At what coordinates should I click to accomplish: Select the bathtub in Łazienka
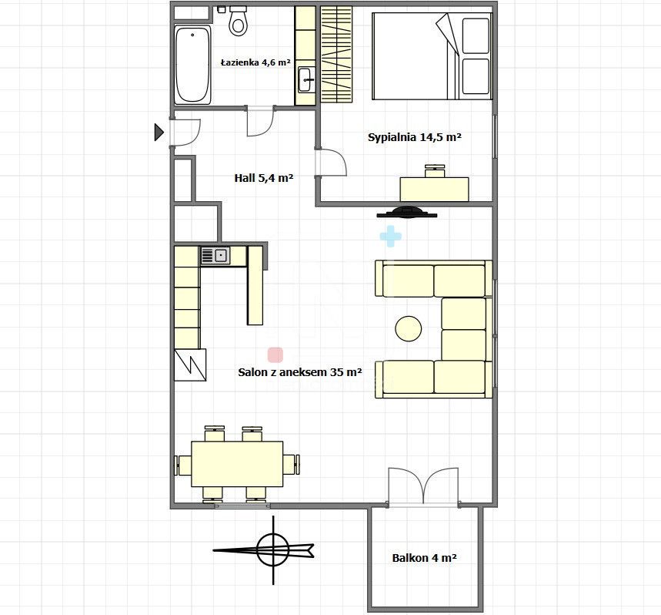(x=192, y=65)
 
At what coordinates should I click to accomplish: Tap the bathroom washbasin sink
(x=306, y=79)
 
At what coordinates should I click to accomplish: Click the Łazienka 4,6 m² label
(x=255, y=63)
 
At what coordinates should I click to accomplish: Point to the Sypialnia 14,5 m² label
(x=415, y=137)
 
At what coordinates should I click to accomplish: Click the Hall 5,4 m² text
(x=264, y=178)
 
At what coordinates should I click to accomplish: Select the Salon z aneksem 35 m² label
(x=300, y=372)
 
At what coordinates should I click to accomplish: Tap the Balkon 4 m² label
(x=425, y=558)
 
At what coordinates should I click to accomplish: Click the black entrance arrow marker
(x=159, y=132)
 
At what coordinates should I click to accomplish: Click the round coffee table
(x=409, y=329)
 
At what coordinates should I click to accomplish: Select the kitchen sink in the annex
(x=215, y=256)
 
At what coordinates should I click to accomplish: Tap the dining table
(x=237, y=464)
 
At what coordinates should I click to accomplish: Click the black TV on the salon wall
(x=407, y=212)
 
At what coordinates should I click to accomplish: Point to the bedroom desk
(x=434, y=189)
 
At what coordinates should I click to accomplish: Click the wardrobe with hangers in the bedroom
(x=336, y=54)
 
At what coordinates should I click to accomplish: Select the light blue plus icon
(x=390, y=237)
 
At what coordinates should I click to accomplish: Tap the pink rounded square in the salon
(x=275, y=355)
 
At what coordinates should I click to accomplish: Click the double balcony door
(x=423, y=486)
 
